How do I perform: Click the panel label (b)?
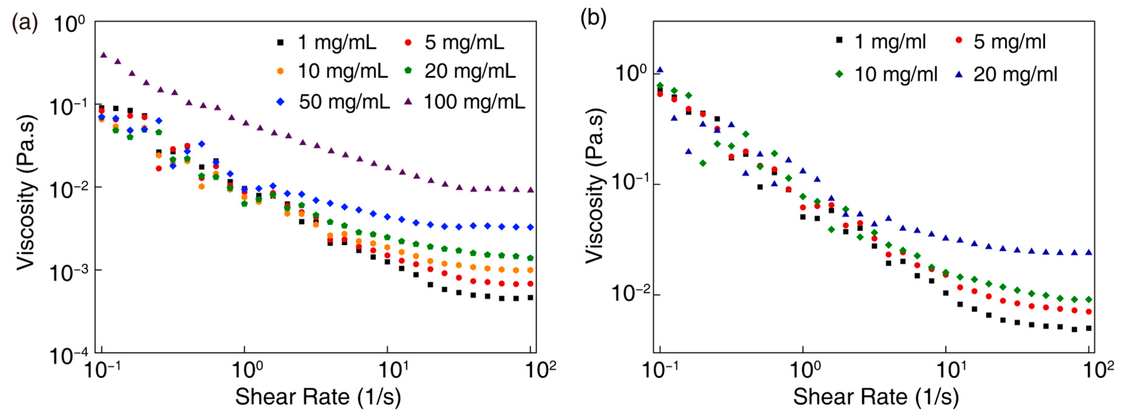593,19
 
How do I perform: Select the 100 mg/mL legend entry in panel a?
474,102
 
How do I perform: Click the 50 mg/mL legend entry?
344,102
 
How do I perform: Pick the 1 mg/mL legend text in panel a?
337,43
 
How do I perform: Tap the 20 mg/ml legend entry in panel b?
1015,74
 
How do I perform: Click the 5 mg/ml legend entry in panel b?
1009,42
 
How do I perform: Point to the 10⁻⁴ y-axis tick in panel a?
68,356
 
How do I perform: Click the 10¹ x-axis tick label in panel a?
396,370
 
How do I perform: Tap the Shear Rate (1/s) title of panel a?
318,397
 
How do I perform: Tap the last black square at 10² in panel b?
1089,328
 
